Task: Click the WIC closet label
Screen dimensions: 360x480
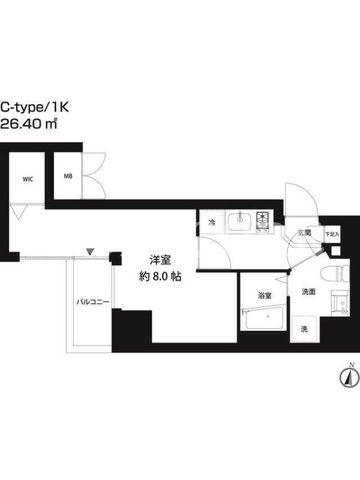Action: click(x=28, y=179)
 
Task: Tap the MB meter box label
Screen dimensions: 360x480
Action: click(x=68, y=176)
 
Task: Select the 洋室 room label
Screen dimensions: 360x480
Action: click(x=160, y=260)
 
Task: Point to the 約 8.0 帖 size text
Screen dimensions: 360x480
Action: click(x=160, y=277)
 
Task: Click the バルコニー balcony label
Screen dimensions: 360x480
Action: click(x=92, y=302)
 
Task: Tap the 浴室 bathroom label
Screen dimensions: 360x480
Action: click(x=265, y=296)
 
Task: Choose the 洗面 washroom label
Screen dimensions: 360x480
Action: click(x=308, y=292)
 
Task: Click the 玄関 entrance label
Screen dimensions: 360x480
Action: click(x=305, y=233)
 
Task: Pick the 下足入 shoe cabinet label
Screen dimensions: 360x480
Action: click(x=332, y=235)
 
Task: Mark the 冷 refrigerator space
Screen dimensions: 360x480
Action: click(x=212, y=223)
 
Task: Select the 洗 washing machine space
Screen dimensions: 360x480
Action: click(x=304, y=329)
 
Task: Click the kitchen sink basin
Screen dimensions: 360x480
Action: click(x=239, y=221)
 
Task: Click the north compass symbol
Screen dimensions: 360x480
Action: click(x=349, y=377)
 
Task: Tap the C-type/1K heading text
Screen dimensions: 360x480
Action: click(x=35, y=107)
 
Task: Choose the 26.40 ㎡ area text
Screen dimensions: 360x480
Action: click(x=29, y=124)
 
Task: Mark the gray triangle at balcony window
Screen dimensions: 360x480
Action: click(x=89, y=251)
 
